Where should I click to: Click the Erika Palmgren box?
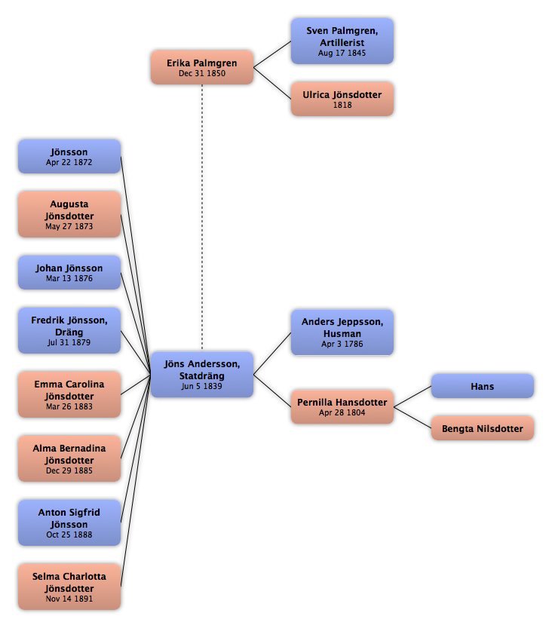(x=202, y=67)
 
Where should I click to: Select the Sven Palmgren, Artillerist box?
(x=342, y=41)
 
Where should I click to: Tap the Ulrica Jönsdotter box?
(x=342, y=99)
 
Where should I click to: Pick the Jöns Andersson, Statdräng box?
(x=202, y=375)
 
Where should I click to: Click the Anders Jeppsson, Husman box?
(x=342, y=332)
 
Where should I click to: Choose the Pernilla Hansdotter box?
(x=342, y=406)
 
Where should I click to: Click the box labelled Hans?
(x=483, y=386)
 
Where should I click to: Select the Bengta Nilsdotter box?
(x=483, y=428)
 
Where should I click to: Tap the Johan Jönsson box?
(x=69, y=272)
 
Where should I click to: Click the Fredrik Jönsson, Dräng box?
(x=69, y=330)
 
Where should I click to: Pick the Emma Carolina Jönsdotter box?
(x=69, y=394)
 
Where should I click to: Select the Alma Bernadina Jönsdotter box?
(x=69, y=458)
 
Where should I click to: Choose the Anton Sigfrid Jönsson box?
(x=69, y=522)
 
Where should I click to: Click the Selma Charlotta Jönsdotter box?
(x=69, y=587)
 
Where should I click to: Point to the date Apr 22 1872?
(x=69, y=162)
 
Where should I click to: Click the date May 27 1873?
(x=69, y=226)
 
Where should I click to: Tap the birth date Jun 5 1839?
(x=201, y=386)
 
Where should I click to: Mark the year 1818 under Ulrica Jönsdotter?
(x=342, y=105)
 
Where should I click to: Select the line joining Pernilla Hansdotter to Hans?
(x=412, y=397)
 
